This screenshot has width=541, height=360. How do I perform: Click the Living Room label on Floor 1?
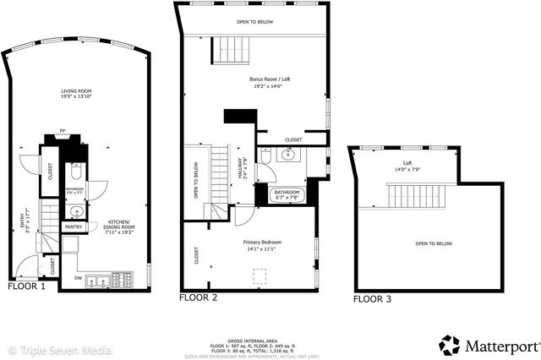tap(75, 94)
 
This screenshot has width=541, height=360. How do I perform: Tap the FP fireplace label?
tap(63, 132)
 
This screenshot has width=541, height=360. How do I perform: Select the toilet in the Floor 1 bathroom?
tap(74, 172)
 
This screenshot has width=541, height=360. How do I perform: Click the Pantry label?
tap(74, 226)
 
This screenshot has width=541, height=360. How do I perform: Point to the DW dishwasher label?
tap(78, 276)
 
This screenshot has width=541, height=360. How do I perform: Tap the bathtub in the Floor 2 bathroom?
tap(286, 197)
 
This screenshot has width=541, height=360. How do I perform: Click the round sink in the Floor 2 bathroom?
tap(289, 155)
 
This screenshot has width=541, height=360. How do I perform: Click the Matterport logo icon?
tap(450, 345)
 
